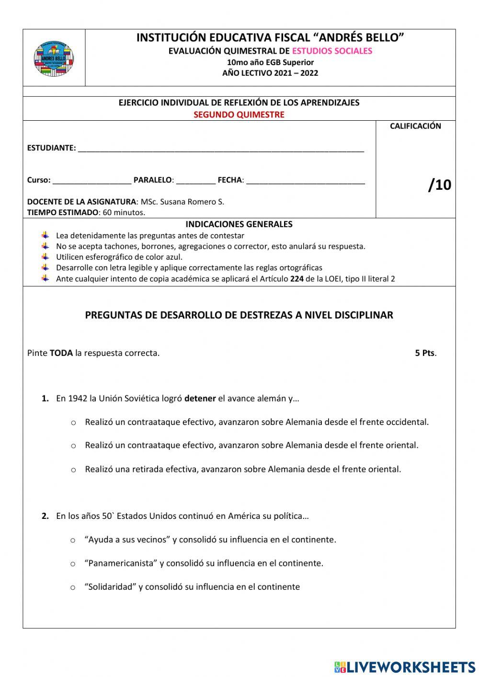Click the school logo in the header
point(54,58)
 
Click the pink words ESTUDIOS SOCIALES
point(332,51)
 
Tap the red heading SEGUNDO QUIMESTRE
point(239,115)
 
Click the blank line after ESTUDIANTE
point(220,149)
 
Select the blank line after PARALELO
point(195,182)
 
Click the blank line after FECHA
point(305,182)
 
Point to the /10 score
point(440,184)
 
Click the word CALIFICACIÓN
point(415,126)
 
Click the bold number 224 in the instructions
point(297,279)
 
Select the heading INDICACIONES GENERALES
point(239,224)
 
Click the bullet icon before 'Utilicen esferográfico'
point(45,256)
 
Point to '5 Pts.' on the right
point(425,353)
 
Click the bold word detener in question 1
point(200,398)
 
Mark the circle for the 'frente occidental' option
point(73,423)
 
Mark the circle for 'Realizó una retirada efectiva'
point(73,470)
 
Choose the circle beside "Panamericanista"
point(73,564)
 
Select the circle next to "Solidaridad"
point(73,587)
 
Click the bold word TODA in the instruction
point(61,353)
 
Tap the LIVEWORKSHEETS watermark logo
point(405,666)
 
